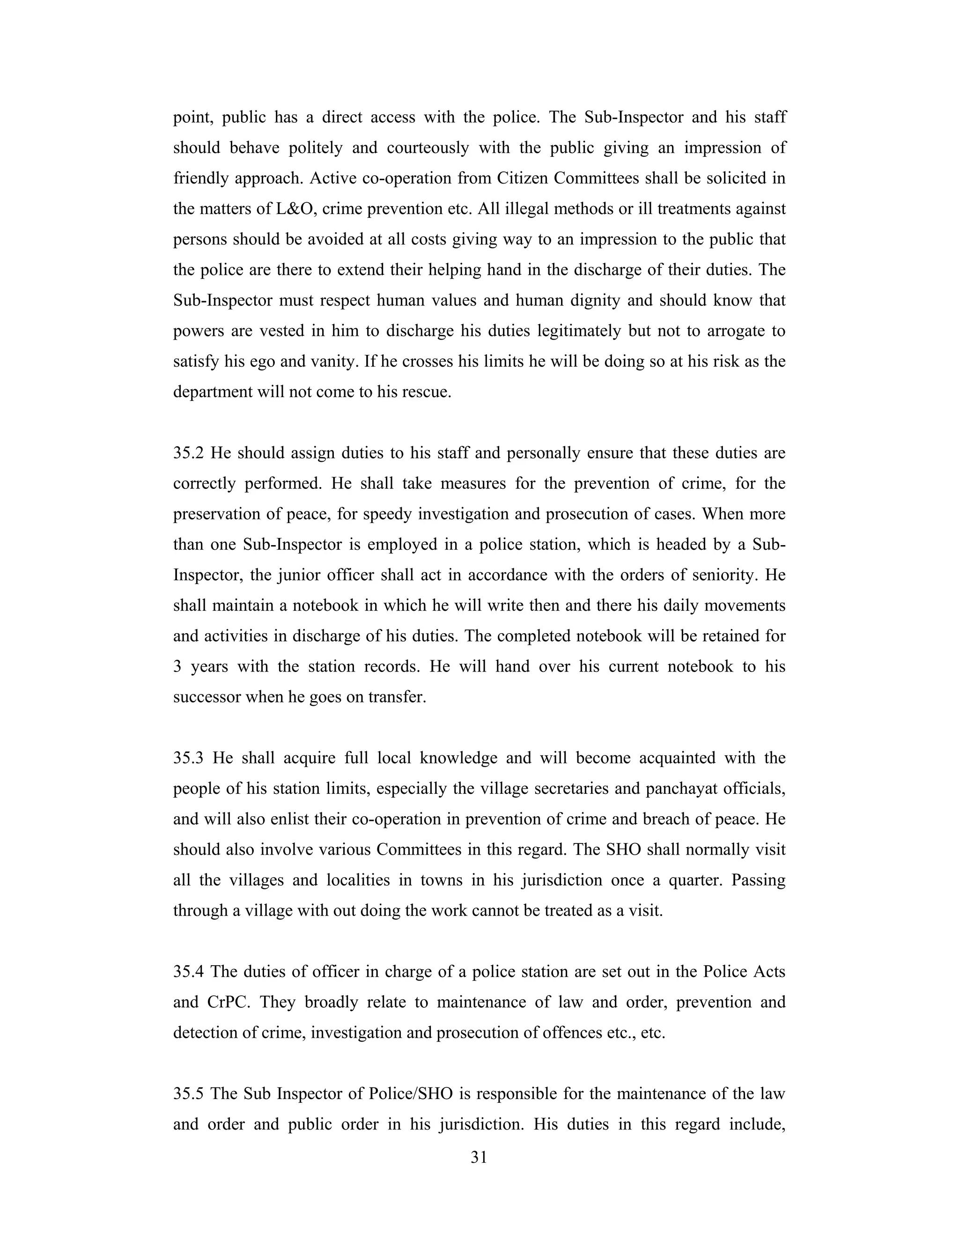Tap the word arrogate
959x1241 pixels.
(x=736, y=331)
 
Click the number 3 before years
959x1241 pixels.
(x=177, y=666)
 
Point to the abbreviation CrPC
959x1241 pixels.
(x=229, y=1002)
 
